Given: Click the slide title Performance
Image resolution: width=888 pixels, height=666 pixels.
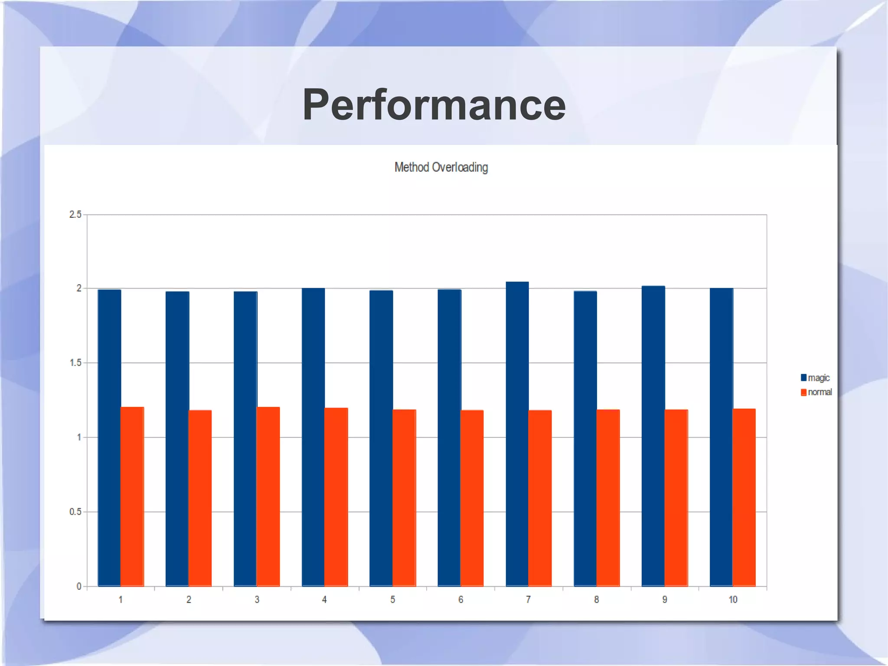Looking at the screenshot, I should (434, 105).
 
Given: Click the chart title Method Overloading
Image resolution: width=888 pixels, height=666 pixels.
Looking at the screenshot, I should (441, 167).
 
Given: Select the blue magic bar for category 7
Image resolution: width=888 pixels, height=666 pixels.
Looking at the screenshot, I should (517, 434).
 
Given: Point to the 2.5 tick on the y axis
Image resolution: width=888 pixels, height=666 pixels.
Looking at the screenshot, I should (75, 214).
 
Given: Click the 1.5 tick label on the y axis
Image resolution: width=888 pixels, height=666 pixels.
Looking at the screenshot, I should (75, 363).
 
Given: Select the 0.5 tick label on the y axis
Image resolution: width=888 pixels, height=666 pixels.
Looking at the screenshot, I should (75, 512).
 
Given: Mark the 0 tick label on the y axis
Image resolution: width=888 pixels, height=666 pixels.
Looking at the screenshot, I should (79, 587).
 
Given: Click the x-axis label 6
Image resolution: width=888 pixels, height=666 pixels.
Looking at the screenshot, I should (460, 600).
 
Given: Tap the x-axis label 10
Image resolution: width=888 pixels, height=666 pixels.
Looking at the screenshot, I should (733, 600).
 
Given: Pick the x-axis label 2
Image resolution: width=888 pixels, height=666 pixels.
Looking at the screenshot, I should (189, 600).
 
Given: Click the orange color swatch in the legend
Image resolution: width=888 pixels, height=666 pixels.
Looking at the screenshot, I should (803, 392).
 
